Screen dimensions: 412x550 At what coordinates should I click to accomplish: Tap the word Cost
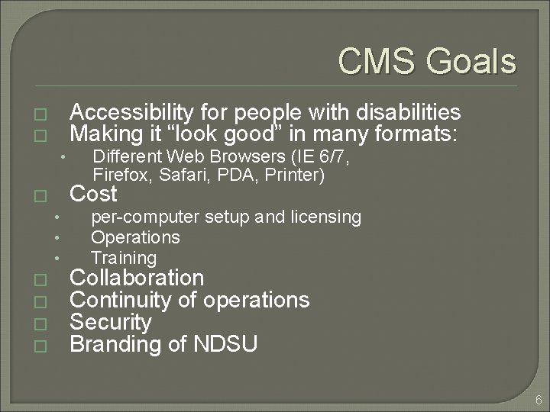pos(93,194)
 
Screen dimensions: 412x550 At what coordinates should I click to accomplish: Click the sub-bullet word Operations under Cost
pos(135,237)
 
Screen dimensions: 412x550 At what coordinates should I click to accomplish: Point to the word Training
pos(124,258)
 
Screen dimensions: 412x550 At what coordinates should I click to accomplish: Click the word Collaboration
pos(137,277)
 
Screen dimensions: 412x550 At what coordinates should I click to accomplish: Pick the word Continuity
pos(120,299)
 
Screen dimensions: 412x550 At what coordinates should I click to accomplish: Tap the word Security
pos(110,322)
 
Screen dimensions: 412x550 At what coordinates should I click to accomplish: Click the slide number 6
pos(539,400)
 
